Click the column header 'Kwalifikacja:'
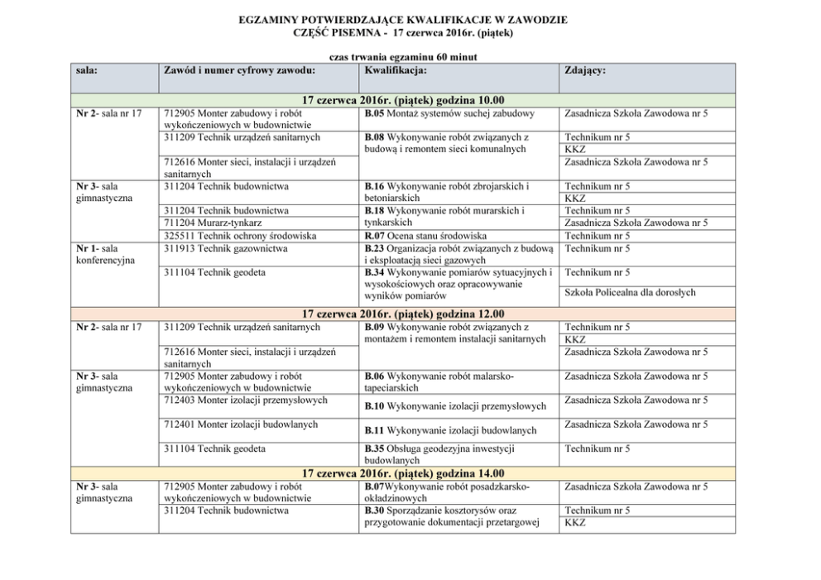(395, 71)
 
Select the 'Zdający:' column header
(584, 71)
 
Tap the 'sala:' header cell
(87, 71)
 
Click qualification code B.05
(373, 113)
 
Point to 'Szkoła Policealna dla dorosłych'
(629, 292)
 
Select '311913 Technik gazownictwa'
(226, 247)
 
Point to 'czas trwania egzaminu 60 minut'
(403, 57)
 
